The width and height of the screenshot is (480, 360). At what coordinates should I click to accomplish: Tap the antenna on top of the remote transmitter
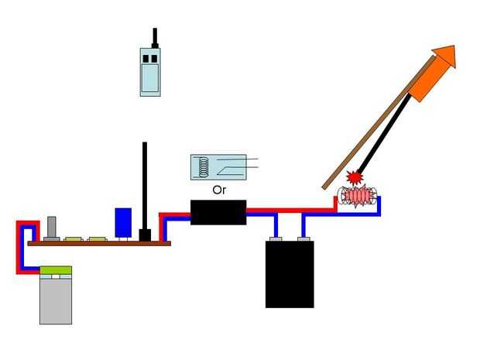click(155, 38)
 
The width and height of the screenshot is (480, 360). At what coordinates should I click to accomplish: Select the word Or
click(218, 189)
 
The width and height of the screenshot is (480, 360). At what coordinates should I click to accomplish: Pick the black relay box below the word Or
click(218, 211)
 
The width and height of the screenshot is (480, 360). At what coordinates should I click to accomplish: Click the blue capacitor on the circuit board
click(123, 221)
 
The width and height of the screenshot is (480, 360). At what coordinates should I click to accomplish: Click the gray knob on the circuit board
click(53, 228)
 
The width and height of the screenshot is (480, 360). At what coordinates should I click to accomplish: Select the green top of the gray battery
click(56, 271)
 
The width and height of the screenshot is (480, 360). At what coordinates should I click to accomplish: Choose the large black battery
click(290, 275)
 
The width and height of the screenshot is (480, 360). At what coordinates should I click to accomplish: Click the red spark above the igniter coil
click(355, 177)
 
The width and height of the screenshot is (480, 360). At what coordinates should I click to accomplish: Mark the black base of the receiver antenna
click(144, 235)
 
